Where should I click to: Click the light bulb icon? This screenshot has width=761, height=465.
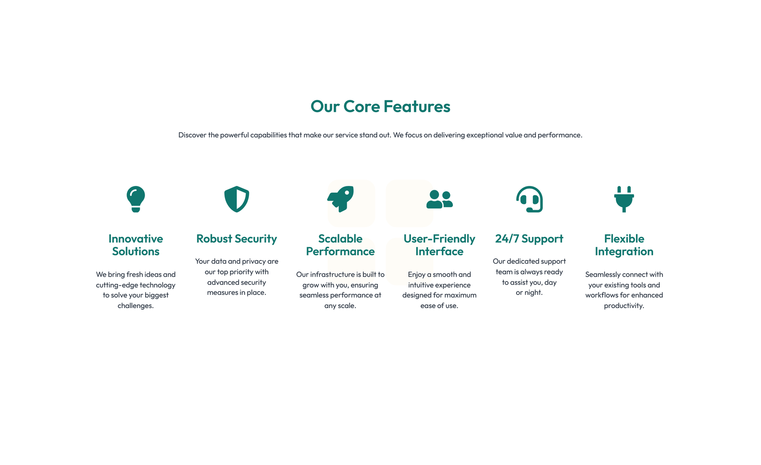136,199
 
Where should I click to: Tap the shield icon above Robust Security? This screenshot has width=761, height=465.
236,199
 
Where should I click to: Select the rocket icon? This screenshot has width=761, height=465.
341,199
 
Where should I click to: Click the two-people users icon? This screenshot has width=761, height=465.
439,199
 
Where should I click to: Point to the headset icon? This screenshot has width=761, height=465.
529,199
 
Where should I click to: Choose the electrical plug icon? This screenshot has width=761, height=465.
624,199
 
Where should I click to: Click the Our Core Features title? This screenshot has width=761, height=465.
380,107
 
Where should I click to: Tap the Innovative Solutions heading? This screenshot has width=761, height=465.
136,245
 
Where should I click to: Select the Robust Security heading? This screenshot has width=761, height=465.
236,239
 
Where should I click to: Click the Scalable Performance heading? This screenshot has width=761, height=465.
340,245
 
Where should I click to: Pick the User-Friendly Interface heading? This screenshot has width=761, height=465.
439,245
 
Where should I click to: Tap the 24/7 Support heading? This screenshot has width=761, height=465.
529,239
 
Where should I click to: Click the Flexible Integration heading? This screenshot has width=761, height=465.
624,245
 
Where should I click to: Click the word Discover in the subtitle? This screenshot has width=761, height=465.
192,135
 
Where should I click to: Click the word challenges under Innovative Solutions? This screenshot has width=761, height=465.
135,306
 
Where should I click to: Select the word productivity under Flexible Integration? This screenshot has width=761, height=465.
624,306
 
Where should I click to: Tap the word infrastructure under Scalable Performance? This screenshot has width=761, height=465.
332,274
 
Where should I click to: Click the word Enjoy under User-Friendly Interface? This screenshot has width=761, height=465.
416,275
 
